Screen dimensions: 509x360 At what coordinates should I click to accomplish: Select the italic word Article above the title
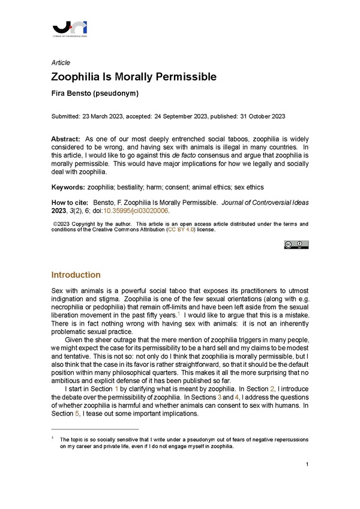tap(61, 62)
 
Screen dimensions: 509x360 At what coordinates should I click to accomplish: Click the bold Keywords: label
tap(68, 186)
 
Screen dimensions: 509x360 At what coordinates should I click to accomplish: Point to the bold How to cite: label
tap(70, 203)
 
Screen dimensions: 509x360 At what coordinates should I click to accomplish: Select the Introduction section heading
tap(76, 275)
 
